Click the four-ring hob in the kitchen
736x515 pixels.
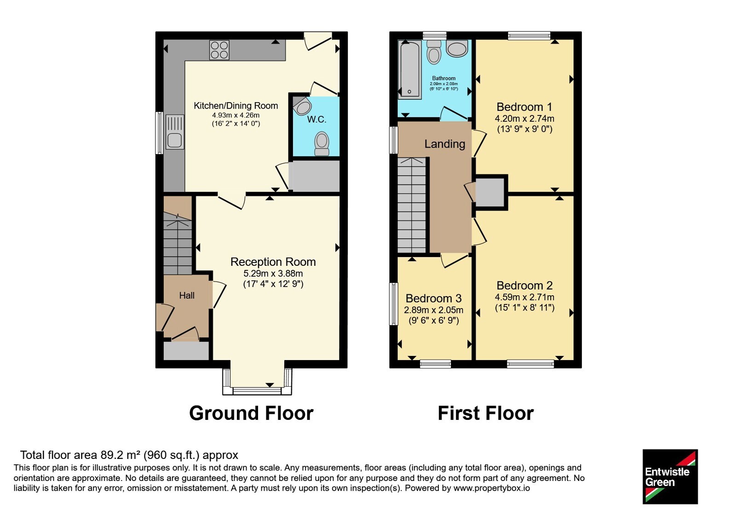(x=219, y=50)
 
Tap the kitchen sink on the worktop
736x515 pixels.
(x=175, y=132)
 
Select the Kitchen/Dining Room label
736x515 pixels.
(x=236, y=106)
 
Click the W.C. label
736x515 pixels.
(x=317, y=120)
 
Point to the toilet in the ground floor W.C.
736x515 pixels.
(x=322, y=143)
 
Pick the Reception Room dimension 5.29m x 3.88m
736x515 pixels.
(x=273, y=273)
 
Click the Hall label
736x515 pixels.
(x=187, y=296)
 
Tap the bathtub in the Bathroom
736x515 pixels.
(x=410, y=69)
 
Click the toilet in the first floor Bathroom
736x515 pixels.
(x=434, y=52)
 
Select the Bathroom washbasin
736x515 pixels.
(x=457, y=49)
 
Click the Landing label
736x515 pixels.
(x=445, y=144)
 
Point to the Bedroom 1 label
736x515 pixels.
(x=524, y=107)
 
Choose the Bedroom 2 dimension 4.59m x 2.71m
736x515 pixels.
(x=524, y=297)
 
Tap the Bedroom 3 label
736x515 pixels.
(x=434, y=298)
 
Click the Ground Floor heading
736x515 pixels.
(x=251, y=413)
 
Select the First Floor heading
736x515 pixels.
(x=486, y=413)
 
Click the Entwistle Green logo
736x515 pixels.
(x=670, y=476)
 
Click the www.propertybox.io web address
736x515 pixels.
(x=492, y=488)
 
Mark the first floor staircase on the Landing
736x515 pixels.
(x=412, y=205)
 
